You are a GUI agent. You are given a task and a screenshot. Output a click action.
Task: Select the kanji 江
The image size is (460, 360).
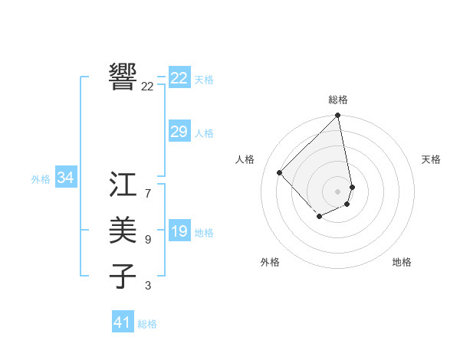123,184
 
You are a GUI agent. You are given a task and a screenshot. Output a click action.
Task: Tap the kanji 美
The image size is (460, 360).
123,230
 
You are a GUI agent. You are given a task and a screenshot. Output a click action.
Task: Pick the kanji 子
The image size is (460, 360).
123,276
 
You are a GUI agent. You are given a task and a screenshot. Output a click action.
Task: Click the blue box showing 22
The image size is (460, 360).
179,78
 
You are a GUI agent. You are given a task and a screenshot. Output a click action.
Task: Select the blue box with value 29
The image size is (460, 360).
179,132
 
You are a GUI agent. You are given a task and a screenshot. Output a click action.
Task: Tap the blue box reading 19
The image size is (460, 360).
179,231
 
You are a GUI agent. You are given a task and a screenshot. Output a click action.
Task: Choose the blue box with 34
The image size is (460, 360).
66,178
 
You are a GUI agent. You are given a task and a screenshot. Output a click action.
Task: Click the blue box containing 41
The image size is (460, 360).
123,322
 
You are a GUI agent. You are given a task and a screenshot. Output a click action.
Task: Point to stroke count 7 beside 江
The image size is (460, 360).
148,194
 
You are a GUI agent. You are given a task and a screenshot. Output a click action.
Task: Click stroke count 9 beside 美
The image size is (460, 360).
148,240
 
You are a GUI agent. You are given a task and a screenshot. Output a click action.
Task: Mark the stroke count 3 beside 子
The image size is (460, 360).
148,286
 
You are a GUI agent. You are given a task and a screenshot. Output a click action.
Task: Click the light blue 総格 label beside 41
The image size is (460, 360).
147,324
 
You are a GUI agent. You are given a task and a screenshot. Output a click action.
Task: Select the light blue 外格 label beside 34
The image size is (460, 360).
41,179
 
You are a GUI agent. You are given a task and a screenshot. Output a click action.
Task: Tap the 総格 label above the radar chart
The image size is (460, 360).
338,100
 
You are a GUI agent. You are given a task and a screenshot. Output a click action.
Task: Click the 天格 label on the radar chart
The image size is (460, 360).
431,159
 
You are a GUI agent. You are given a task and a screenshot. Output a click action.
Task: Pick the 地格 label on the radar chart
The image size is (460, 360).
402,262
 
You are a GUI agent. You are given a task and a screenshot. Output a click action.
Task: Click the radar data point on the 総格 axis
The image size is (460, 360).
338,116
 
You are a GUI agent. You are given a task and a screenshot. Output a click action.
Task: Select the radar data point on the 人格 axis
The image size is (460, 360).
280,172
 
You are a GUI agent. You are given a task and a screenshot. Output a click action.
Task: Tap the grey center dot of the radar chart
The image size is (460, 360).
338,191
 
